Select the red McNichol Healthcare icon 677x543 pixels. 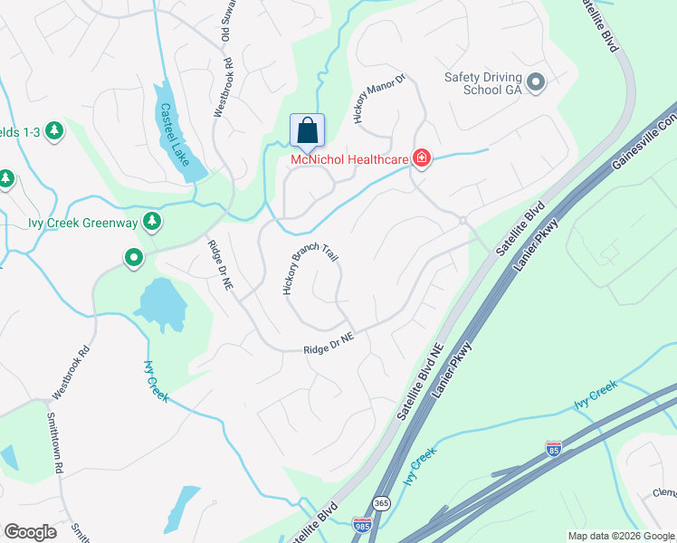421,159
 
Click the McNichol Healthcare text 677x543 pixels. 348,160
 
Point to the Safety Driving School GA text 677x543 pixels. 482,84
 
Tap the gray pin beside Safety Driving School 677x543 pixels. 536,83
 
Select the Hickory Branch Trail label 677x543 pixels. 310,271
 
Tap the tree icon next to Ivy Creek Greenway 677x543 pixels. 153,220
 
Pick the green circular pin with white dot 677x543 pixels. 134,259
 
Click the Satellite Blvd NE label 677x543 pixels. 418,381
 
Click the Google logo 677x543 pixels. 30,532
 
